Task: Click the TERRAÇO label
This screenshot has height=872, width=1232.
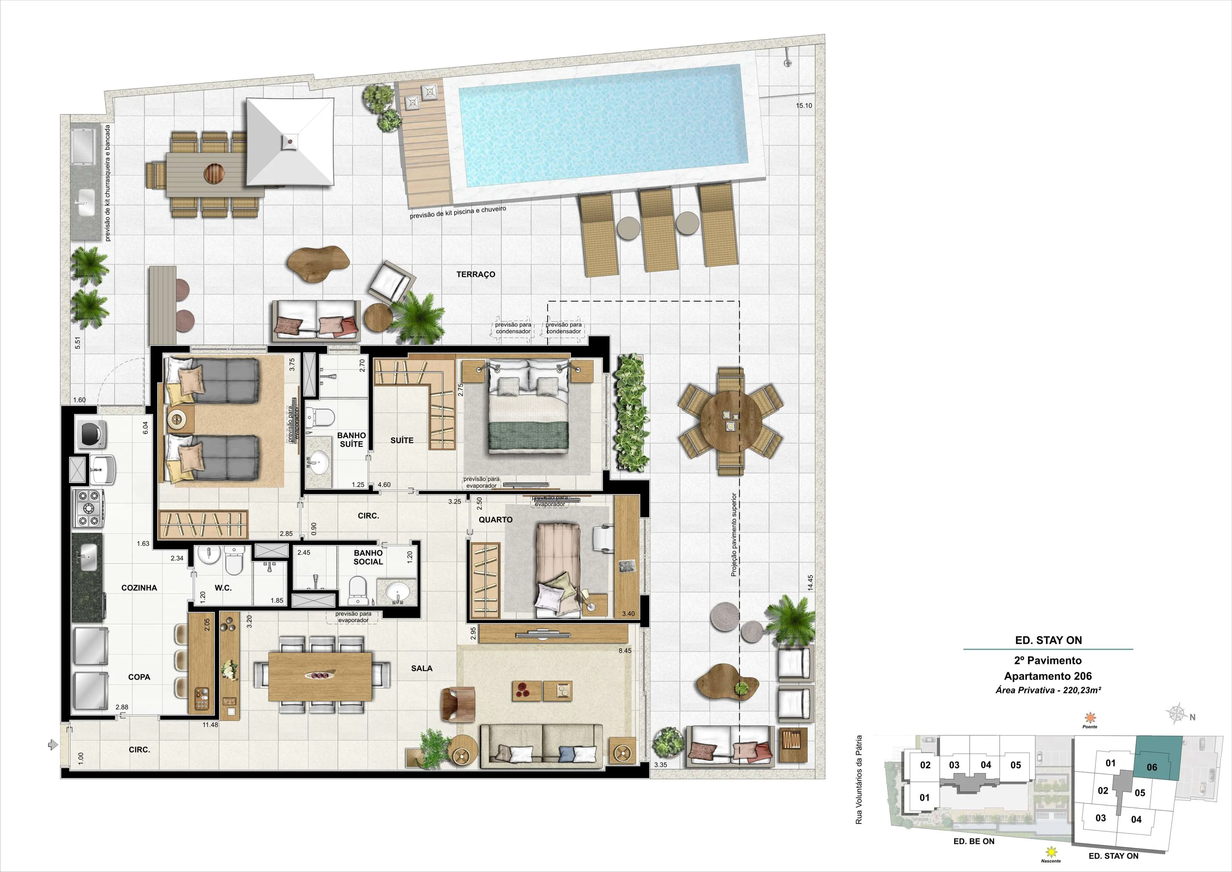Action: (475, 274)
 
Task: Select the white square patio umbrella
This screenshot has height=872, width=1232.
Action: (290, 142)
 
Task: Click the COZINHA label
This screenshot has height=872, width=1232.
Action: (139, 588)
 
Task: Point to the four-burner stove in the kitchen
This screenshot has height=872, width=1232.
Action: (89, 507)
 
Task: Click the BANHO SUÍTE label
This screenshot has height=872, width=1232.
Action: (351, 440)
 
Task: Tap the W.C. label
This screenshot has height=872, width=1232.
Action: (223, 588)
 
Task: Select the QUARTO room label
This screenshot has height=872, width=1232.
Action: (495, 520)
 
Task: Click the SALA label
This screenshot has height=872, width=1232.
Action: (422, 668)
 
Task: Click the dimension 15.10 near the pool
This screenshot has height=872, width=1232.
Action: (804, 106)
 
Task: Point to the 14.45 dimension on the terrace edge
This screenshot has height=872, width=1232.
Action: (810, 583)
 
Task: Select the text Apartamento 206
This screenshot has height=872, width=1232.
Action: (1048, 677)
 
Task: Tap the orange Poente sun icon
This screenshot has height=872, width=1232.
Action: (1090, 717)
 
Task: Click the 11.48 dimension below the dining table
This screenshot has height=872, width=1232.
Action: (210, 725)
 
